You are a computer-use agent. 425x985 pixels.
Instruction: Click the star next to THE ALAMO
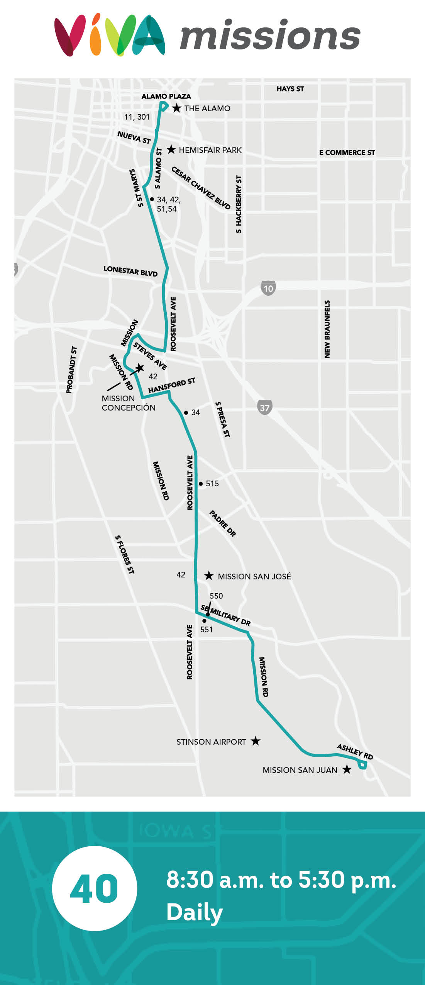point(176,108)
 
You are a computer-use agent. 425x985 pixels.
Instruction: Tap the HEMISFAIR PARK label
point(210,150)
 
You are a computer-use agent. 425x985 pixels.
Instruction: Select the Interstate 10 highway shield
point(268,288)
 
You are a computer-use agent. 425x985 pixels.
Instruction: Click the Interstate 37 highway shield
point(264,408)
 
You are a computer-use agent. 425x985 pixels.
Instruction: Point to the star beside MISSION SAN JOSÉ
point(209,576)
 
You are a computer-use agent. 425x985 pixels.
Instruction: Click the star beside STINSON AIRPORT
point(256,741)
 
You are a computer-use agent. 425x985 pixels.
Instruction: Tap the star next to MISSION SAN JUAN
point(347,769)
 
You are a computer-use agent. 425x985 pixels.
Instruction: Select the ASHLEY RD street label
point(355,751)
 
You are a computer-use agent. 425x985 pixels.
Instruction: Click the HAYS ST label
point(290,89)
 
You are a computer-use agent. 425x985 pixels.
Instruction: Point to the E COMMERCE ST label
point(347,153)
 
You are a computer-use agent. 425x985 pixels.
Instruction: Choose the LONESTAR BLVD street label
point(130,271)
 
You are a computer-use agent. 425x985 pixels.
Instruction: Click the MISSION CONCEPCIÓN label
point(129,403)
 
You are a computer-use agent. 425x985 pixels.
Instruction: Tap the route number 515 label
point(212,484)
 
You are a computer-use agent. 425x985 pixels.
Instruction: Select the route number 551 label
point(207,629)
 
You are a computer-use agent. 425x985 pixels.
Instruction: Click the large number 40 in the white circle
point(94,888)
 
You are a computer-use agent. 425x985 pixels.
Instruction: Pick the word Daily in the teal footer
point(195,912)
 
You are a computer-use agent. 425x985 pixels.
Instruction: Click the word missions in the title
point(270,36)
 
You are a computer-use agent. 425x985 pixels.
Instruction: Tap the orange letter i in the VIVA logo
point(95,39)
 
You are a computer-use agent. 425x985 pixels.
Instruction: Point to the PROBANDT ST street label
point(71,370)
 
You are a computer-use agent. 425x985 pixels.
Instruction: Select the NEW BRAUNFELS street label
point(327,329)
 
